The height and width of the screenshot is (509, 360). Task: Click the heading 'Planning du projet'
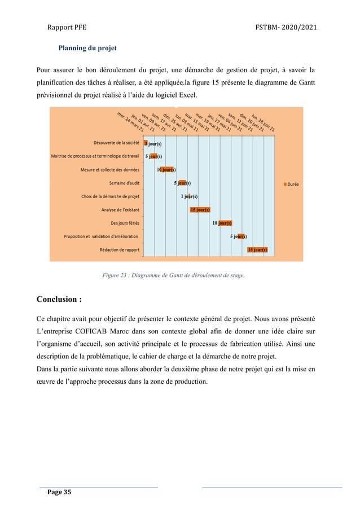87,48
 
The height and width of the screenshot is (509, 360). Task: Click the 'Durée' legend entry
291,183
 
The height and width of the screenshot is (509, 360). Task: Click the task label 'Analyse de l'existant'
120,210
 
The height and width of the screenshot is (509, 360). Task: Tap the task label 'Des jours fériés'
125,223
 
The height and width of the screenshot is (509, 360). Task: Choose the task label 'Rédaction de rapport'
120,249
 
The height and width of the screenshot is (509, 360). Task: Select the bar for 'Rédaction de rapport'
257,249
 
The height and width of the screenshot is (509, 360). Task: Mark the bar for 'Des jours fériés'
225,223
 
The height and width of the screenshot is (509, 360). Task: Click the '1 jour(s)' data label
188,196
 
